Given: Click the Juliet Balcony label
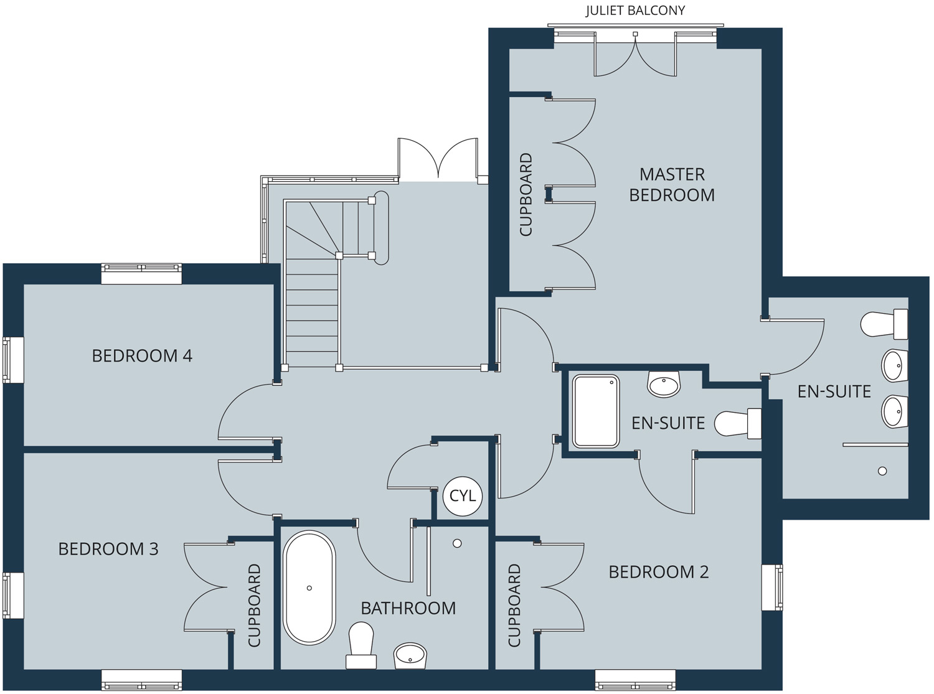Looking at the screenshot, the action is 635,11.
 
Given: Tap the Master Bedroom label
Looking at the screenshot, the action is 672,184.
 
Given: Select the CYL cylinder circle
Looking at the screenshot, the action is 463,496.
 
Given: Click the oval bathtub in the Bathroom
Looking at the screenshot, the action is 309,588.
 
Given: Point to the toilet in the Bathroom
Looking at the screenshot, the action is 361,645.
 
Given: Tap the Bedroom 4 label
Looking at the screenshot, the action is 142,356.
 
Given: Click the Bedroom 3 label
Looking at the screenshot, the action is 108,549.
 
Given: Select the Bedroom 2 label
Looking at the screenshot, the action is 659,572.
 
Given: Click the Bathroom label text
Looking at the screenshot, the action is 408,608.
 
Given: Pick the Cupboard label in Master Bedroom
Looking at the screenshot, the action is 526,194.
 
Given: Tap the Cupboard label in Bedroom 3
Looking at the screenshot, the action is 254,605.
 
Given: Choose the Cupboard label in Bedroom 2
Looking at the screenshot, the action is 514,605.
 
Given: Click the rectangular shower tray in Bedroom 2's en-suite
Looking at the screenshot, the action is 595,411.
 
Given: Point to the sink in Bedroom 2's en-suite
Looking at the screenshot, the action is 664,384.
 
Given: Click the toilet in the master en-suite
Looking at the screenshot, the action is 884,324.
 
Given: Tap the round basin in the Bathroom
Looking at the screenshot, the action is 410,656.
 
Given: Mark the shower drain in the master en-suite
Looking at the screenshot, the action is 882,471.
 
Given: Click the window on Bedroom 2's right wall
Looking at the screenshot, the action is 772,588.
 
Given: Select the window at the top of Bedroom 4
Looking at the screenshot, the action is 141,274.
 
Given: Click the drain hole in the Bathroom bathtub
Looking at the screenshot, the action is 309,588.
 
